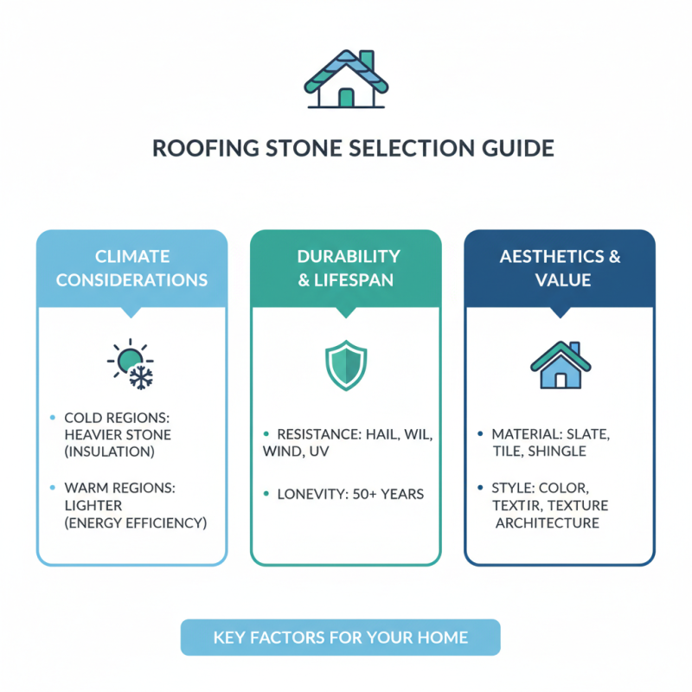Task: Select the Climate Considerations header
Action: point(131,268)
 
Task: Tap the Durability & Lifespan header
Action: point(346,268)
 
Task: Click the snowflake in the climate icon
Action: point(140,376)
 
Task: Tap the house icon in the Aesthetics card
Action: point(560,364)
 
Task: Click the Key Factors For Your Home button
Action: point(340,638)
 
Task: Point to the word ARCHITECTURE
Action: point(548,522)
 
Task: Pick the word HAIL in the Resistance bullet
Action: point(384,433)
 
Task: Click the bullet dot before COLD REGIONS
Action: point(53,417)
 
